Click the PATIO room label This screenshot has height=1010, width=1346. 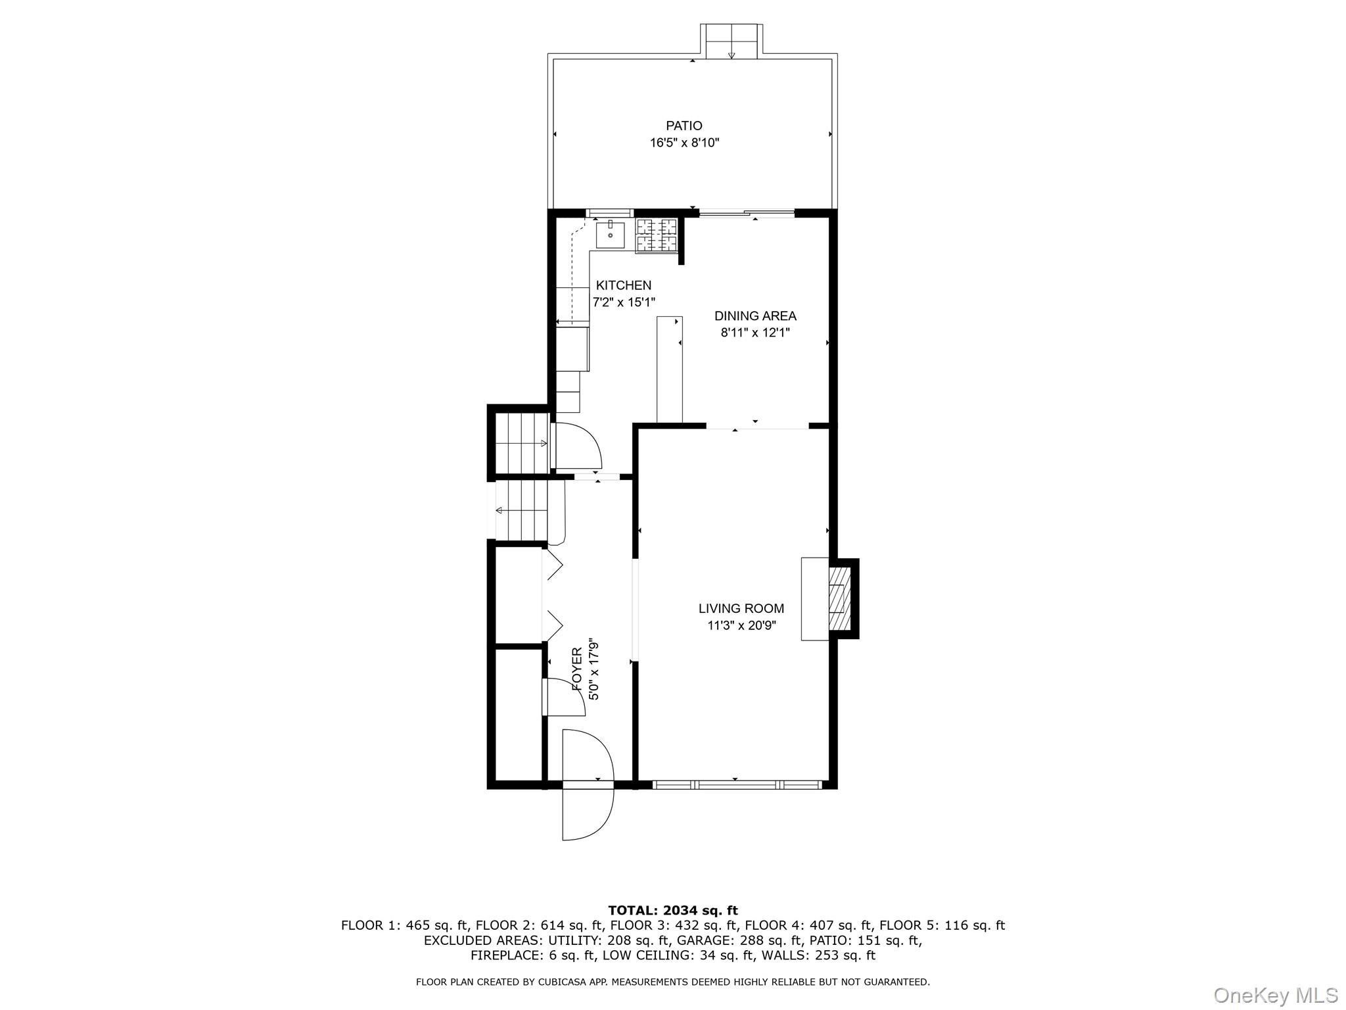click(x=684, y=126)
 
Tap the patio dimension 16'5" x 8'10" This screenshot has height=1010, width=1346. click(x=684, y=143)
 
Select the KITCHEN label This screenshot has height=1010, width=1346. click(x=623, y=285)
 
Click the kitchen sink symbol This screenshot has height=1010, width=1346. click(x=610, y=235)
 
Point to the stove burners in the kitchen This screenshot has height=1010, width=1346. click(x=656, y=235)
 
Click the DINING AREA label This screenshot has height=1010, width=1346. click(x=755, y=316)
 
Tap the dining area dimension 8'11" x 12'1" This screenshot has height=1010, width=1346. click(x=755, y=333)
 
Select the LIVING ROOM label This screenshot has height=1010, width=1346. click(x=741, y=608)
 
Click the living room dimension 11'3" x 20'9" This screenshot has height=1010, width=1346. click(x=741, y=625)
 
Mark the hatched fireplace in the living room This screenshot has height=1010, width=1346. click(x=837, y=598)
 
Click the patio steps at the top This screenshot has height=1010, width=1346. click(x=731, y=41)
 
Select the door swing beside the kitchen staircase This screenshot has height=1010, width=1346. click(x=577, y=445)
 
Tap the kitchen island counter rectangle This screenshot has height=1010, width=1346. click(x=669, y=369)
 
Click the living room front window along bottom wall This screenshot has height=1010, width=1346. click(x=736, y=784)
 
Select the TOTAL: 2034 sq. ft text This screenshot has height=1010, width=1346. click(x=672, y=911)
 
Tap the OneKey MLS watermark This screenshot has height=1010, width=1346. click(x=1275, y=995)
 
